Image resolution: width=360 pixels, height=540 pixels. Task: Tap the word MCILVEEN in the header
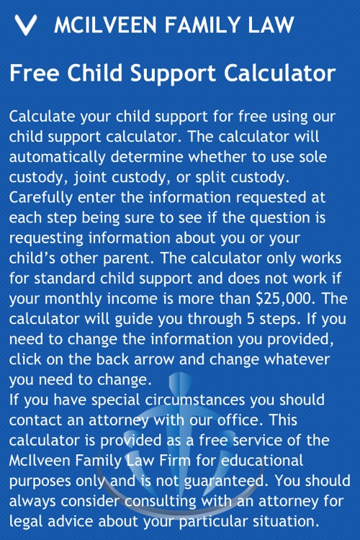[104, 25]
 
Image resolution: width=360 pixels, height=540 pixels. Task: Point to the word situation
[289, 519]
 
